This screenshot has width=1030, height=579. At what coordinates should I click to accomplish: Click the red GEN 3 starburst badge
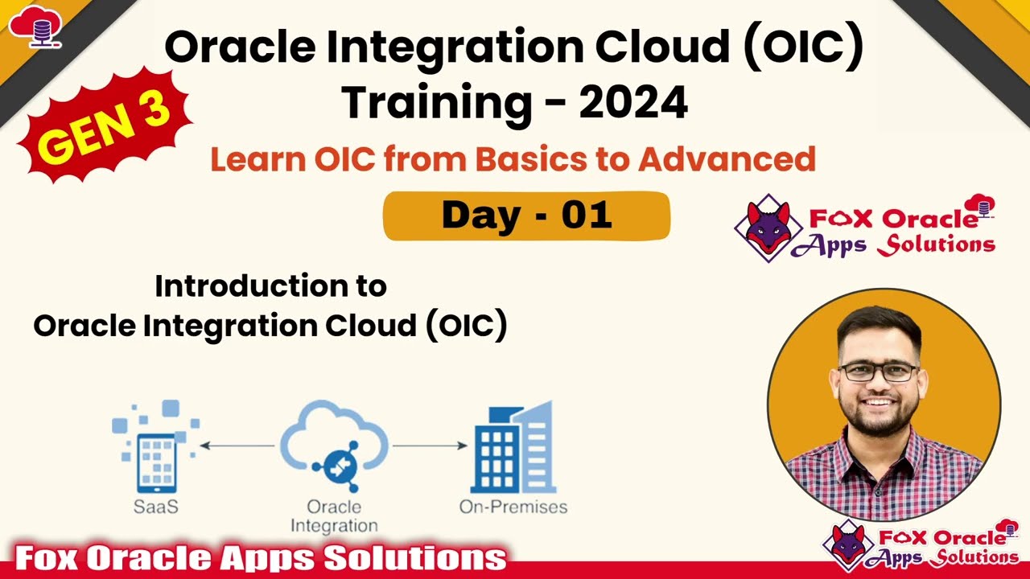point(104,125)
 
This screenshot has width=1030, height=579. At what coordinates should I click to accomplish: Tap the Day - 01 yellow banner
point(526,216)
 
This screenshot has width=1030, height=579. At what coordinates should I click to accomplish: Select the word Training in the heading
point(436,102)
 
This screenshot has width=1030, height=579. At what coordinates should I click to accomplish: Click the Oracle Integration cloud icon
point(334,446)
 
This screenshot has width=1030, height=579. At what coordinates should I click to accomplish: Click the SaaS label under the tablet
point(156,507)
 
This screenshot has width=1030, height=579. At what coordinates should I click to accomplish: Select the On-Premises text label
point(513,507)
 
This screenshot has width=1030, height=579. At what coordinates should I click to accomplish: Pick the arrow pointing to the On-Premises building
point(429,446)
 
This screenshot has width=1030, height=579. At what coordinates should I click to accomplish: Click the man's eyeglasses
point(879,372)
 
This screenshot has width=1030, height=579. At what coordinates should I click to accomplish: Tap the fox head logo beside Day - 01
point(768,228)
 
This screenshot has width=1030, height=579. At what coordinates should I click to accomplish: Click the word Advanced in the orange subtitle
point(727,159)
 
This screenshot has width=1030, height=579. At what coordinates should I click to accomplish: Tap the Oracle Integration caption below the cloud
point(334,516)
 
